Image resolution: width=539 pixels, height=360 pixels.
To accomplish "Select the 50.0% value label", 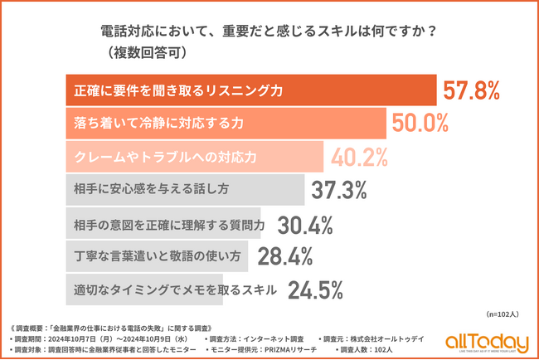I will coord(420,124).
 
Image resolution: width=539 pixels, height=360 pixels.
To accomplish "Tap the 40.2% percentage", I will coord(362,157).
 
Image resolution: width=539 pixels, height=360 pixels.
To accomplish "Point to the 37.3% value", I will coord(339,190).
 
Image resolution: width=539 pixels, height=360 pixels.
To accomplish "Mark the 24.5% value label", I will coord(315,290).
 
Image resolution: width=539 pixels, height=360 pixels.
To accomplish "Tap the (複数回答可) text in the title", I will coord(150,52).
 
